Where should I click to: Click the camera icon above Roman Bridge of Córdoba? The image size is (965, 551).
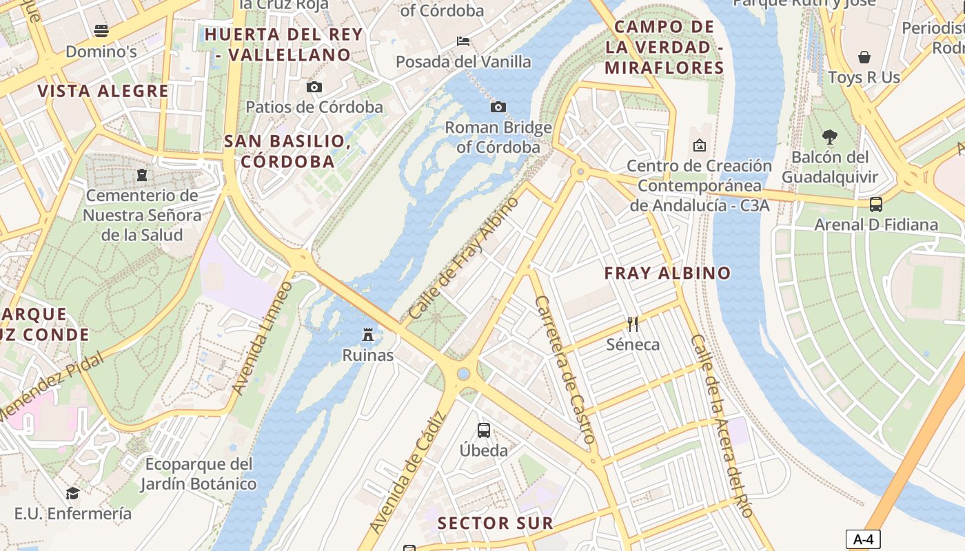pos(498,107)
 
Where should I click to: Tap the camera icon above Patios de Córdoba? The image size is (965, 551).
pos(314,87)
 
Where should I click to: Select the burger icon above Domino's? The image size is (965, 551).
pos(101,30)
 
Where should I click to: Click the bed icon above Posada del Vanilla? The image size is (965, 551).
pos(463,41)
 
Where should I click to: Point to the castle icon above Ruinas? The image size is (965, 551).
pos(368,335)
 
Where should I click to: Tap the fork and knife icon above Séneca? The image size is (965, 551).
pos(633,324)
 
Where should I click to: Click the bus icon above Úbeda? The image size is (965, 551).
pos(484,430)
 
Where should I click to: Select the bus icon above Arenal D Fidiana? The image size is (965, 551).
pos(875,204)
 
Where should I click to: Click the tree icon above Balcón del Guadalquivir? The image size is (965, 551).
pos(830,137)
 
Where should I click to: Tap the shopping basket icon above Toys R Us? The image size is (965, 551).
pos(864,56)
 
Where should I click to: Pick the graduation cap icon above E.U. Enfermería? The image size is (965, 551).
pos(72,493)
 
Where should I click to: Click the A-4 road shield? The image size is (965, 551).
pos(863,539)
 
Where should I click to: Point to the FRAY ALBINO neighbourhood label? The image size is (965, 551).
pos(667,273)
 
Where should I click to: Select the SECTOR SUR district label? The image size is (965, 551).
pos(496,523)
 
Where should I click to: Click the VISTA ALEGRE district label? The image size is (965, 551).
pos(103,91)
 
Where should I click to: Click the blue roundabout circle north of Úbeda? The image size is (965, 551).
pos(463,374)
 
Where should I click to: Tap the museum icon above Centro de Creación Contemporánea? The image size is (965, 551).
pos(700,145)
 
